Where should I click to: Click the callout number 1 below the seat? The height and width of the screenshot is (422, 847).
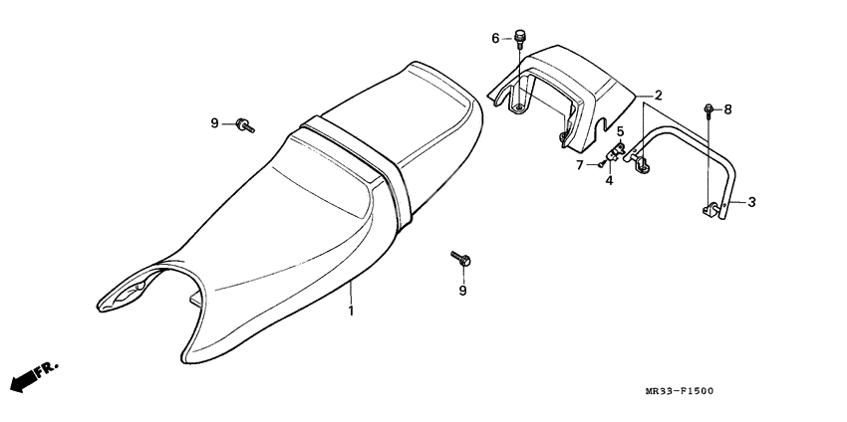(x=351, y=312)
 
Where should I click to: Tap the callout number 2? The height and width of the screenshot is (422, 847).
(x=657, y=95)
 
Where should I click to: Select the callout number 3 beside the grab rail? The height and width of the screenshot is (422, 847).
(x=751, y=202)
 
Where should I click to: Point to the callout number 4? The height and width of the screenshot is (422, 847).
(x=610, y=181)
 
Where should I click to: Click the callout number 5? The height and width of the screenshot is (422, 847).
(x=619, y=130)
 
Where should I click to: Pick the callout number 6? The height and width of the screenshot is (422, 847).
(x=495, y=39)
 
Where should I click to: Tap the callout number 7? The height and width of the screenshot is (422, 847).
(x=578, y=164)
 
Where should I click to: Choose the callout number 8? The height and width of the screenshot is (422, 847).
(x=727, y=109)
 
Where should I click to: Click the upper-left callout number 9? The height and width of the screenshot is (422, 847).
(x=214, y=123)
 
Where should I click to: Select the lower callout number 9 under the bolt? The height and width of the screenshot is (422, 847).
(x=462, y=291)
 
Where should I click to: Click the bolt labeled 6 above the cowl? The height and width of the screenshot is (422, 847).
(x=519, y=38)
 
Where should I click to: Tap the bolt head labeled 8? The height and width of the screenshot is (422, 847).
(x=708, y=107)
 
